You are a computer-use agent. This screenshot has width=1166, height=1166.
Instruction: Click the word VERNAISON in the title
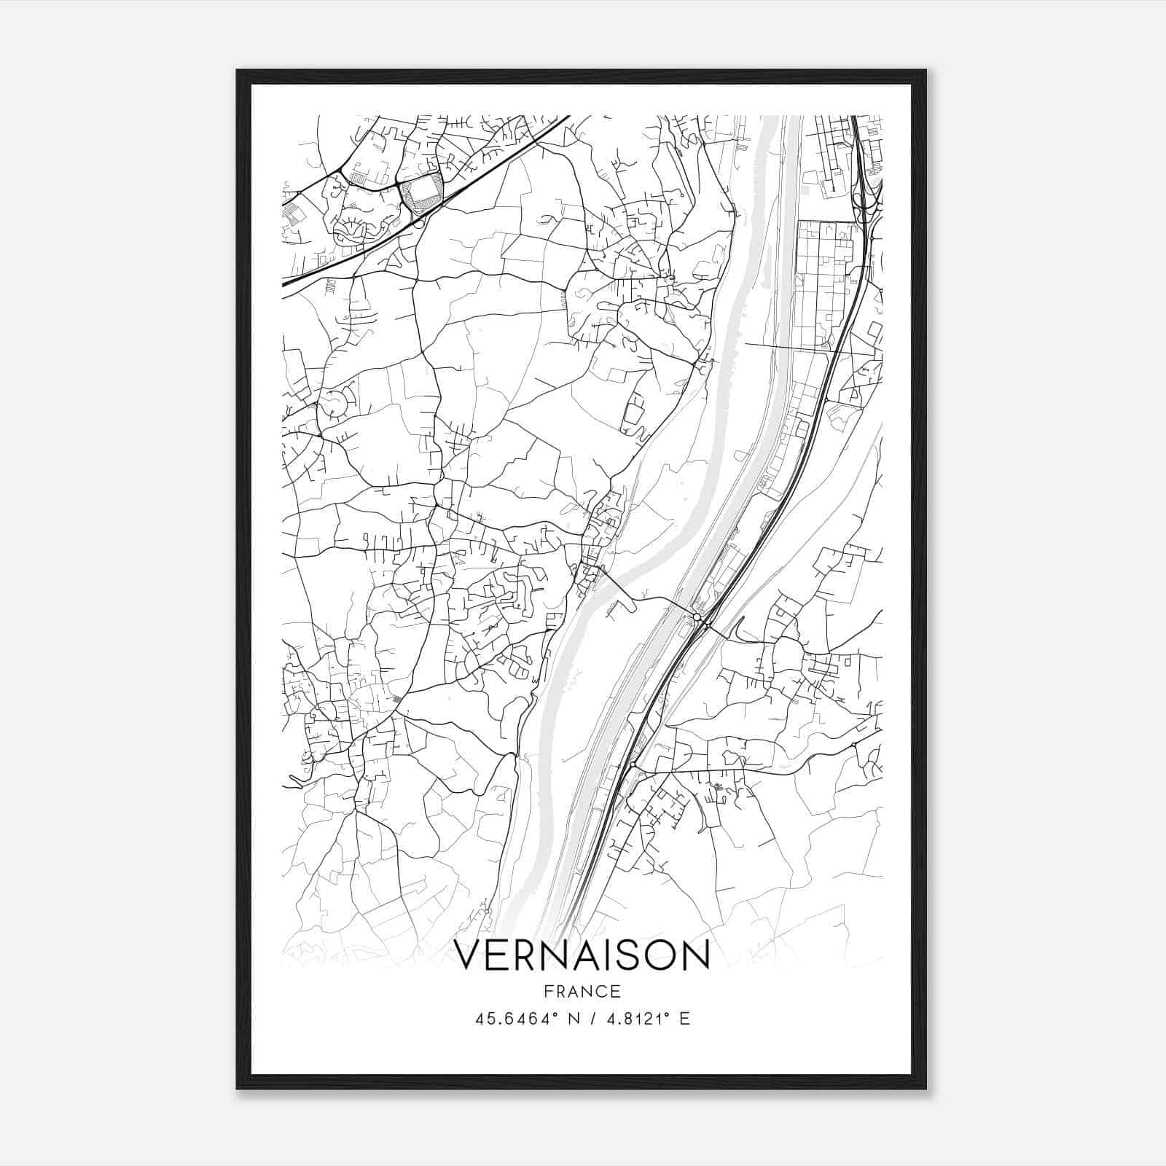[582, 955]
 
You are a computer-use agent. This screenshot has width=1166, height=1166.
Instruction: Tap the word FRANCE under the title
[582, 991]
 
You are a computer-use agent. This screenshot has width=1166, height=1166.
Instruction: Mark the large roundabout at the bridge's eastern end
[697, 617]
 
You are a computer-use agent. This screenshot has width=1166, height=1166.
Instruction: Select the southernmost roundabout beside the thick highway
[633, 765]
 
